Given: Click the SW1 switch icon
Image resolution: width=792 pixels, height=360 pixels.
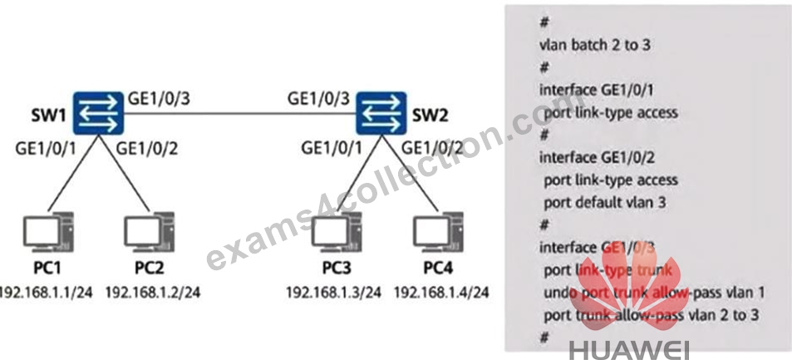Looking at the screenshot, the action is click(x=98, y=113).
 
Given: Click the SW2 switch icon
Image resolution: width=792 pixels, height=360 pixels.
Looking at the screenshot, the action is click(x=381, y=113).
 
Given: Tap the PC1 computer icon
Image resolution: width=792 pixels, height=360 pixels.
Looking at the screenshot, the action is click(x=49, y=232).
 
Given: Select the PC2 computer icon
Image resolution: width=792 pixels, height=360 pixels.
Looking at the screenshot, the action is click(x=150, y=232).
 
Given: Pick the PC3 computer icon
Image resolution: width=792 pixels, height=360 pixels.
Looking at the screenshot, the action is click(x=337, y=232).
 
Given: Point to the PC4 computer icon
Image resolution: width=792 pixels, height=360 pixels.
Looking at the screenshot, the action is click(x=438, y=232).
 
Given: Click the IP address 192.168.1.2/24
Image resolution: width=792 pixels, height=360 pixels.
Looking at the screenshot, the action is click(x=153, y=293).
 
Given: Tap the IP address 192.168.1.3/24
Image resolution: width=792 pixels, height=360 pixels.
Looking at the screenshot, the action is click(x=333, y=293).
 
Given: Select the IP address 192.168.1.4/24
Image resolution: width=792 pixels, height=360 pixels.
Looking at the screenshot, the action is click(x=441, y=293).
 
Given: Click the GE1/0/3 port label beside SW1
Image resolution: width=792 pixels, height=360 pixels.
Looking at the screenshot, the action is click(x=159, y=99).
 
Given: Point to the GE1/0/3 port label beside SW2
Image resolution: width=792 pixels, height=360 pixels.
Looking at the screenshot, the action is click(x=319, y=99).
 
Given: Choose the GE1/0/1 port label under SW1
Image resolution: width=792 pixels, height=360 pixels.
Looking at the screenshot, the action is click(x=47, y=149).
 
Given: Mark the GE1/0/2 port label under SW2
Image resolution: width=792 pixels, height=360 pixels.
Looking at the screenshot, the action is click(x=432, y=149).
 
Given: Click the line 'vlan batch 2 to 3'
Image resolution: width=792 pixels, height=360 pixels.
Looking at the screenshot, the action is click(x=595, y=45).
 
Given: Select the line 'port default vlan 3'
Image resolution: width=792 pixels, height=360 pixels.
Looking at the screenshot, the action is click(x=605, y=203).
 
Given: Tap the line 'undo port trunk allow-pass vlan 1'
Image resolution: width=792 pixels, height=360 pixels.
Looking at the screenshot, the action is click(x=654, y=293).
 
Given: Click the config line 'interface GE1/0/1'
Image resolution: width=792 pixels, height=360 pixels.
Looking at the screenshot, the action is click(x=597, y=90).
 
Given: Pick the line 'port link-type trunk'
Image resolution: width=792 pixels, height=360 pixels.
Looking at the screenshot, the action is click(x=608, y=270).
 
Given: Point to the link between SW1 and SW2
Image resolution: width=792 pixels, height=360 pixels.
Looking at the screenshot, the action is click(x=239, y=113).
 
